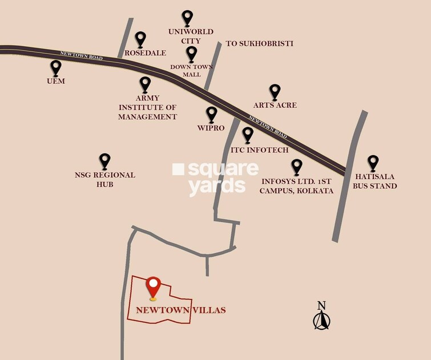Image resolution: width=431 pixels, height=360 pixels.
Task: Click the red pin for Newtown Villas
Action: click(x=153, y=287)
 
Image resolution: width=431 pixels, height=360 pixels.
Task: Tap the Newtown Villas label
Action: click(x=180, y=310)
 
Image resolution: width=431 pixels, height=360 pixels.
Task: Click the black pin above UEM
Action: click(x=55, y=68)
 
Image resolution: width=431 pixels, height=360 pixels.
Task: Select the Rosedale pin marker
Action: click(x=140, y=39)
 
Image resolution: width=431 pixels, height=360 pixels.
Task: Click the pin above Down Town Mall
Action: click(x=191, y=54)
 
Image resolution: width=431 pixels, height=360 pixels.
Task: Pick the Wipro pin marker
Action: click(x=212, y=114)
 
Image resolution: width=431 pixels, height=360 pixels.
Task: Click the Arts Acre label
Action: click(x=275, y=106)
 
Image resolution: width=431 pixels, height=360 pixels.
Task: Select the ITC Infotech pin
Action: click(x=248, y=135)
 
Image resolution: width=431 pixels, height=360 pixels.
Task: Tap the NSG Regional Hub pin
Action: click(x=104, y=161)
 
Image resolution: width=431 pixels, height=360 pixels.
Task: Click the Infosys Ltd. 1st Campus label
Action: click(x=296, y=186)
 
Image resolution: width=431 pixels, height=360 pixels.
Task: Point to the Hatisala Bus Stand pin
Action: click(x=373, y=163)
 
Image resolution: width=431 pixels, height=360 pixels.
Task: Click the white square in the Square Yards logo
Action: click(x=178, y=169)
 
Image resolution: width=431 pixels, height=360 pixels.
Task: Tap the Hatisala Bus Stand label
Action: click(x=374, y=181)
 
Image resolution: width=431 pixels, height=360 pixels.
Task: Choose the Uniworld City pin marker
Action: click(x=187, y=18)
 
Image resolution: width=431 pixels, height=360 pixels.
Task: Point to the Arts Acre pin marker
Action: click(x=275, y=91)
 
